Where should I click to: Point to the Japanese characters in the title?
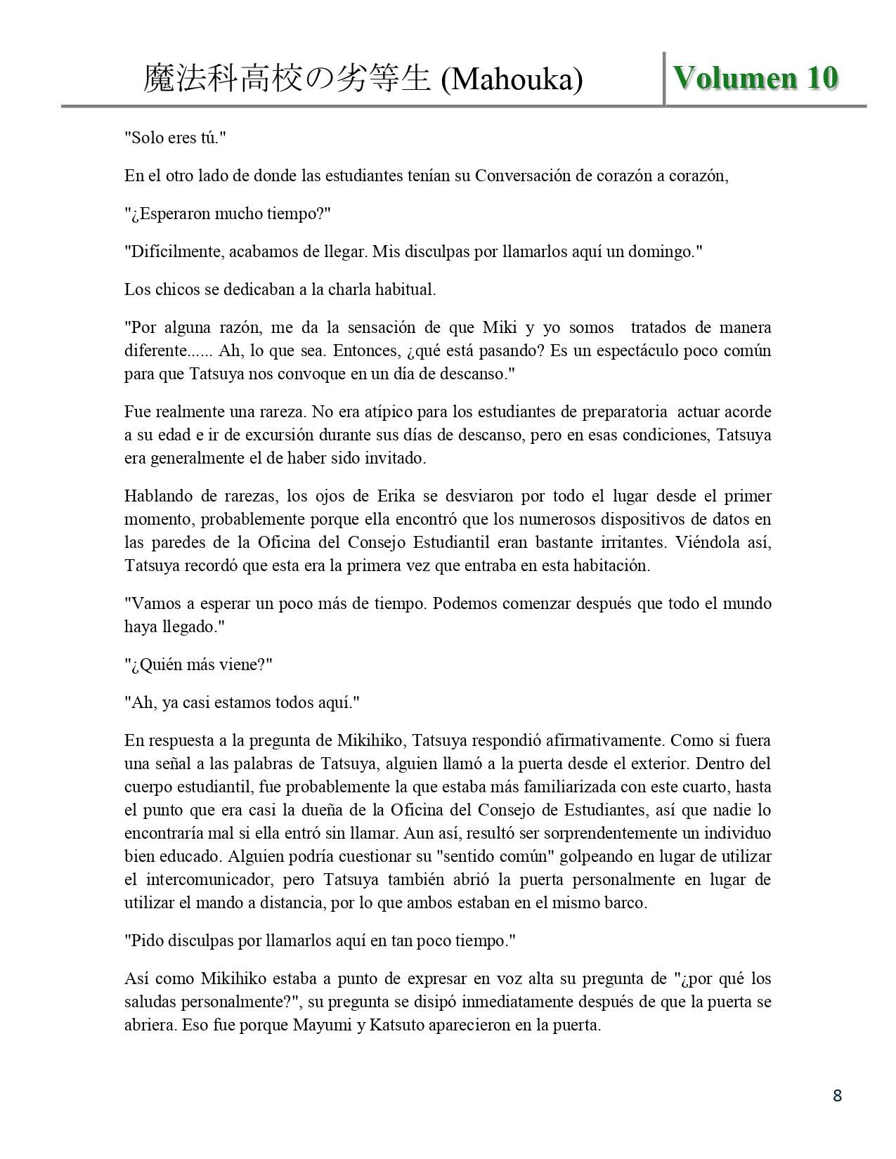(x=287, y=79)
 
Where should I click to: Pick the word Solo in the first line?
(x=146, y=137)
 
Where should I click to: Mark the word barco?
(x=625, y=903)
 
